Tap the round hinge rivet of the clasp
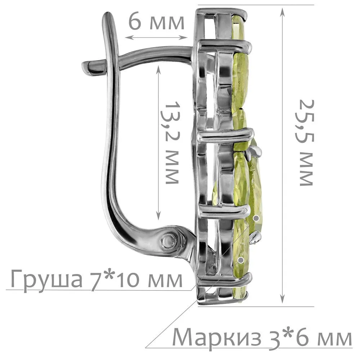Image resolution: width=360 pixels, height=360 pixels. click(x=169, y=241)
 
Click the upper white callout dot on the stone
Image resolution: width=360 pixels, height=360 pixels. click(x=256, y=218)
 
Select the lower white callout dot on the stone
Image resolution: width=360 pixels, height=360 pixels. click(x=241, y=260)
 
